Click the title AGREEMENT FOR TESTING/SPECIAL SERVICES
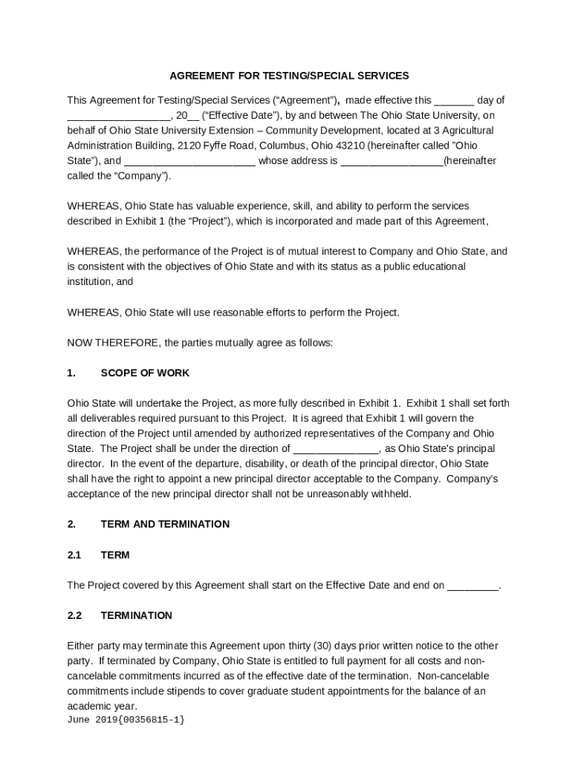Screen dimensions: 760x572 289,76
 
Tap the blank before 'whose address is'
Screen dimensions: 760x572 189,162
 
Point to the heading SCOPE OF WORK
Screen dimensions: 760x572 145,373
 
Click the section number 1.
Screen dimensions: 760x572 71,373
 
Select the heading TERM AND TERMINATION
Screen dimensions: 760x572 165,524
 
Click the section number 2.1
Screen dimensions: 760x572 74,554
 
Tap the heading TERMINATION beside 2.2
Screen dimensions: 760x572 136,615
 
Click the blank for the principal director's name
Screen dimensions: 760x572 337,450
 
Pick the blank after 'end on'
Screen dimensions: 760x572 473,586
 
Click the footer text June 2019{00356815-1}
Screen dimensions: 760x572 126,720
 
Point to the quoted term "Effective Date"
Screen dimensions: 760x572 240,115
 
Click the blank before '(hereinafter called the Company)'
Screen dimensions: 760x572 391,162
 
